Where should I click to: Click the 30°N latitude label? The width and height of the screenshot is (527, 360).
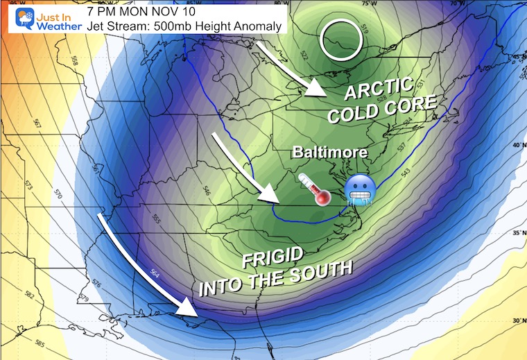515,320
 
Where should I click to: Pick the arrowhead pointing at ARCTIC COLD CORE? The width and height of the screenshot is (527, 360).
318,90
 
